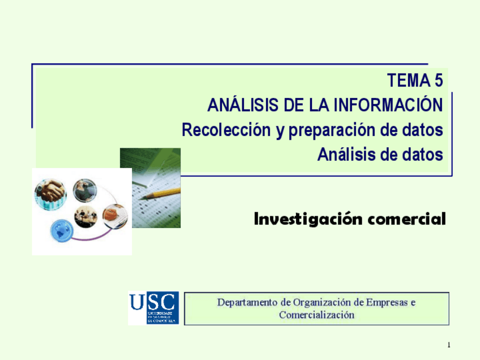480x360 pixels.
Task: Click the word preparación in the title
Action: [332, 130]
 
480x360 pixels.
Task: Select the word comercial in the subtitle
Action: [407, 218]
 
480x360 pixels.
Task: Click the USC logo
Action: [153, 308]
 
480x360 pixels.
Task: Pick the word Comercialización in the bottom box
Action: [316, 315]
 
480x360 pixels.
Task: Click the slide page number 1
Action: [448, 345]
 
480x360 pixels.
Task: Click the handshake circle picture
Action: [51, 192]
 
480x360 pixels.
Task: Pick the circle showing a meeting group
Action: [86, 217]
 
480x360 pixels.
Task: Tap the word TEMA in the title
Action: [406, 82]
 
